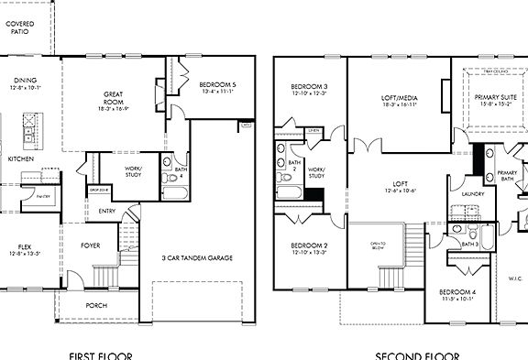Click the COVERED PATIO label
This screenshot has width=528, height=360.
pyautogui.click(x=16, y=25)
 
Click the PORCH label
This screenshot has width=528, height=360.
pyautogui.click(x=95, y=306)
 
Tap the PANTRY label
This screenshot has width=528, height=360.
pyautogui.click(x=42, y=196)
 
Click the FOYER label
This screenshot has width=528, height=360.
pyautogui.click(x=90, y=245)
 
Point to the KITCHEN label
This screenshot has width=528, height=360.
pyautogui.click(x=20, y=158)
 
